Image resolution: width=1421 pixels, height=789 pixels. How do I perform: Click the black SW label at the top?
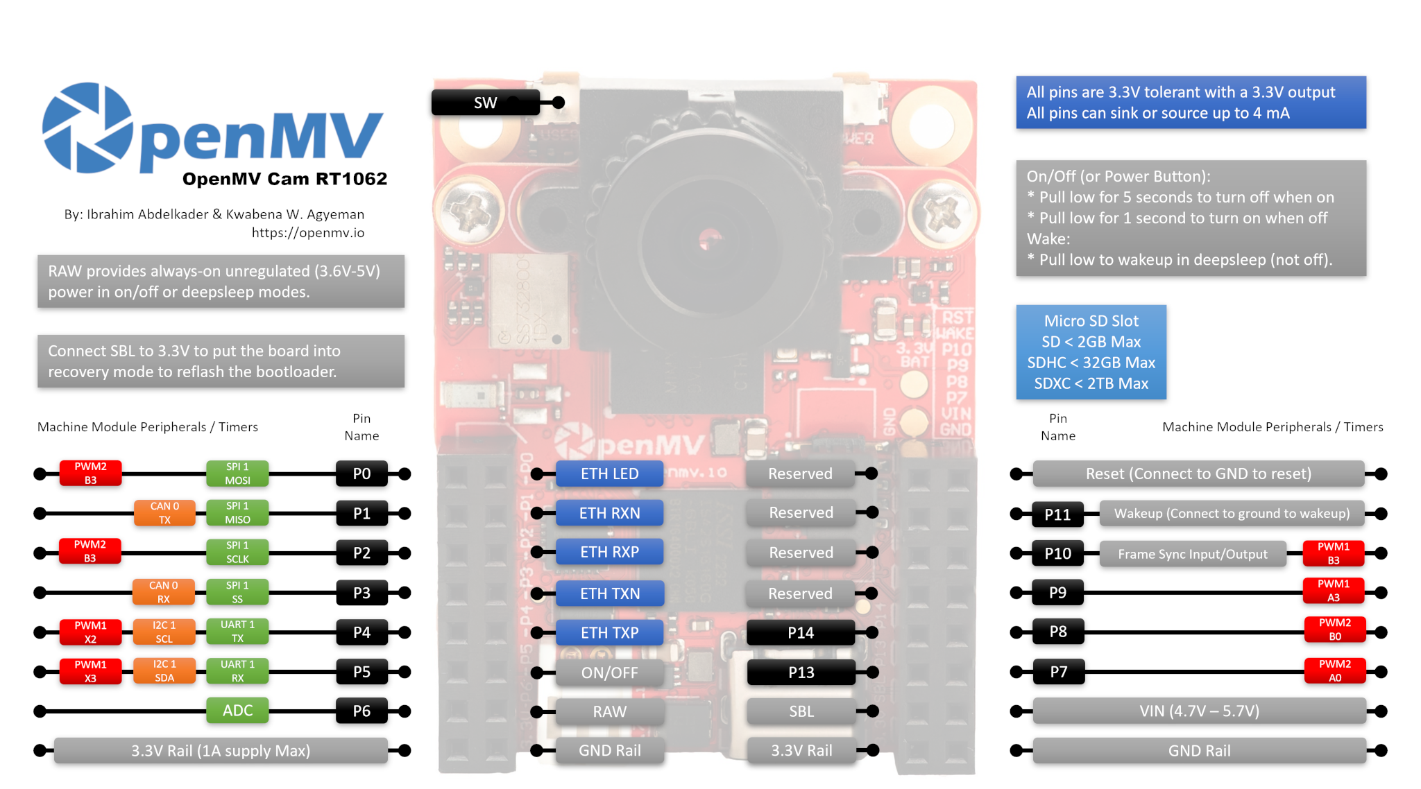[485, 103]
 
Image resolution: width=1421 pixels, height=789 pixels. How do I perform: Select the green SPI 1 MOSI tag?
[237, 474]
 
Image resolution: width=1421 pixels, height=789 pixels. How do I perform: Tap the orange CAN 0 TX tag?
[164, 513]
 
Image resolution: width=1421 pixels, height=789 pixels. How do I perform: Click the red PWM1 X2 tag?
[90, 632]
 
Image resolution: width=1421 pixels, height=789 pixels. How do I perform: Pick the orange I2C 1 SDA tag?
[164, 671]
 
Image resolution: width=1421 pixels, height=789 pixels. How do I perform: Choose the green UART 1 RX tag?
[237, 671]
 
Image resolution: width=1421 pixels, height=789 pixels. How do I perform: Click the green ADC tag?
[237, 711]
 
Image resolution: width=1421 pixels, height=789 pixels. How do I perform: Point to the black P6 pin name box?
[361, 711]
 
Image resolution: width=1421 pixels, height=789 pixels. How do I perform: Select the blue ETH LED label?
[609, 474]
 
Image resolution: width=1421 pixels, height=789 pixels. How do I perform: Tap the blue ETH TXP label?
[609, 632]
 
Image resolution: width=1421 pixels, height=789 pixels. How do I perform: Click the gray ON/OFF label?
[609, 673]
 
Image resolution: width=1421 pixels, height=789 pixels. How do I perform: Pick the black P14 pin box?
[801, 632]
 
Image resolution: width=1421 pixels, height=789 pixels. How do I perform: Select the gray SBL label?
[801, 711]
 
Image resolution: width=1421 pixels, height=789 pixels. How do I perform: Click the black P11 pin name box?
[1057, 514]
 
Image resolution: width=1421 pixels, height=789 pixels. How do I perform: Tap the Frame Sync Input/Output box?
[1192, 554]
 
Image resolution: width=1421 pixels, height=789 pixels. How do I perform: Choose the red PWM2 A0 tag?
[1334, 671]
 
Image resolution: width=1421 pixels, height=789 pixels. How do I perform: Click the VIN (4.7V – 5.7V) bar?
[1199, 711]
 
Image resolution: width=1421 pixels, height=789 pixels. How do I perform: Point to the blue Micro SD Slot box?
[1091, 352]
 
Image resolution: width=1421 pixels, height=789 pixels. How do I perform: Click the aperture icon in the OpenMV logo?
[87, 128]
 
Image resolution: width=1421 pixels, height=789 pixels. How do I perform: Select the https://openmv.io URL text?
[307, 233]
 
